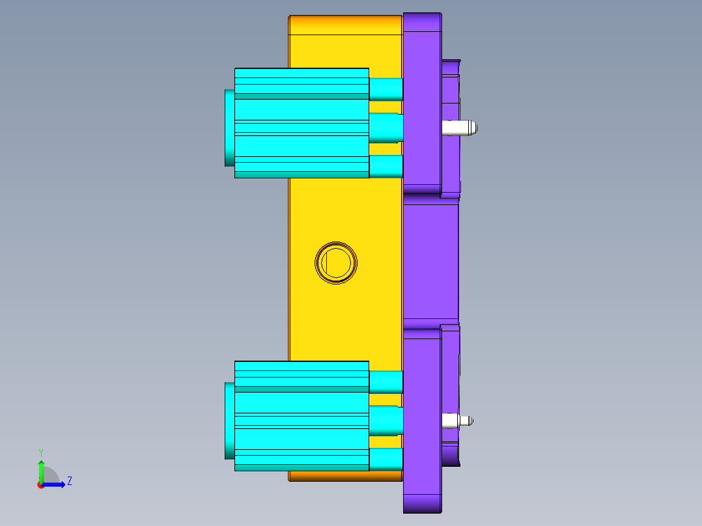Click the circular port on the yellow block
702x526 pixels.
click(336, 262)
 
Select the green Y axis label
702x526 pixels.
click(40, 452)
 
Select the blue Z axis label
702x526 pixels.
click(69, 481)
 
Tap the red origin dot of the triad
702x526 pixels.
click(41, 485)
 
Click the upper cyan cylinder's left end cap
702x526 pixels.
click(229, 128)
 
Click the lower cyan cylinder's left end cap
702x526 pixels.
click(229, 421)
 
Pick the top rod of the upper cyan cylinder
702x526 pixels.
click(386, 89)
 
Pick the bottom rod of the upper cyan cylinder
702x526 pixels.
click(386, 166)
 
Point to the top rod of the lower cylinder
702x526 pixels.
click(386, 382)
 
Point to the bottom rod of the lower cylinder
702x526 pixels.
click(386, 459)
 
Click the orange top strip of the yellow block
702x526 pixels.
click(345, 25)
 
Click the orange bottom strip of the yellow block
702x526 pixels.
click(345, 476)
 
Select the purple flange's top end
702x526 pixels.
click(422, 23)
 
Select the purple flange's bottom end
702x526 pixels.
click(422, 503)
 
